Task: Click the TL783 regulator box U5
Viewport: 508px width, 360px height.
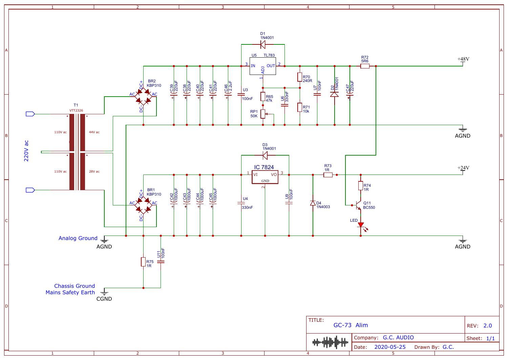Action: tap(262, 66)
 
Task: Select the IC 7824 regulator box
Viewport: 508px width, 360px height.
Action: tap(265, 177)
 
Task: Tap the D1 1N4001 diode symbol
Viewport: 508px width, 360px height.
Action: tap(263, 44)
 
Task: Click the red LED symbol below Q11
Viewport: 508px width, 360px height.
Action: tap(361, 225)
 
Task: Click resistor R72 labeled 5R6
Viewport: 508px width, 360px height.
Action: tap(365, 66)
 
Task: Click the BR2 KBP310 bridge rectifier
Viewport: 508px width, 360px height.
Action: tap(144, 97)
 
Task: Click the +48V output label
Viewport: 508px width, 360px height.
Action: tap(463, 59)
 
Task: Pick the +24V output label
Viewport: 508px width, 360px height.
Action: tap(463, 168)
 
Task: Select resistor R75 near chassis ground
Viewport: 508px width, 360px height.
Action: tap(143, 262)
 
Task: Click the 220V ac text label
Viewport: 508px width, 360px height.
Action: tap(26, 151)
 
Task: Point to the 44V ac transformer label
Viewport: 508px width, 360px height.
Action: tap(94, 132)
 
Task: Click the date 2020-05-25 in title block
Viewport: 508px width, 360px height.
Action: tap(390, 347)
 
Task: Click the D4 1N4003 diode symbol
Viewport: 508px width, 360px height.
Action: tap(313, 203)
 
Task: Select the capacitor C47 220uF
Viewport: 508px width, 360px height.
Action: tap(350, 96)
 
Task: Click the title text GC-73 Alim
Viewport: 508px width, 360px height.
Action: tap(351, 325)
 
